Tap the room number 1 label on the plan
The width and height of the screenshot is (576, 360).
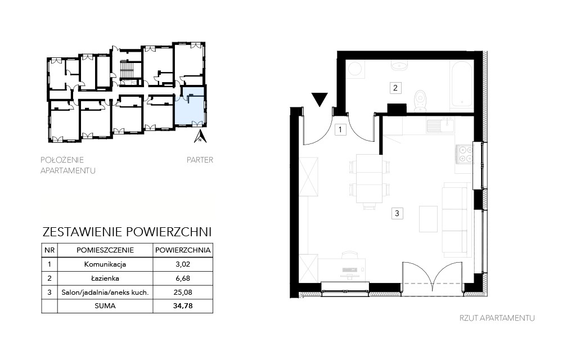tap(340, 130)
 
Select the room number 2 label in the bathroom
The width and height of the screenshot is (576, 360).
tap(395, 88)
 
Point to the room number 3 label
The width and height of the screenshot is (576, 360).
tap(397, 213)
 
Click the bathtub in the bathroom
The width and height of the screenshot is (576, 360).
tap(461, 84)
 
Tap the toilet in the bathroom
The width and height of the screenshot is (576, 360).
tap(420, 101)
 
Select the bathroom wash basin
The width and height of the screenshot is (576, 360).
tap(400, 66)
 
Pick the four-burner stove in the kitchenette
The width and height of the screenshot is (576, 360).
tap(465, 154)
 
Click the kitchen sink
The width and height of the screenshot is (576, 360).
tap(440, 125)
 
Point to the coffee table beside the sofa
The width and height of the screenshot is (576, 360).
tap(428, 219)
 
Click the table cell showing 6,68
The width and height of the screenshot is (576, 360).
tap(183, 278)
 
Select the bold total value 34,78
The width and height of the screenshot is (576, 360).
tap(183, 305)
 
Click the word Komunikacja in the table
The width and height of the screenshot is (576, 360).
tap(105, 264)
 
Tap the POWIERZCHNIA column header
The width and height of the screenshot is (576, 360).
tap(183, 250)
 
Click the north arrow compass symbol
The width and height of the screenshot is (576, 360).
tap(200, 136)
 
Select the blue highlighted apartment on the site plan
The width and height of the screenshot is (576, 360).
tap(189, 106)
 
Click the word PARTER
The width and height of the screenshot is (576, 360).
tap(200, 160)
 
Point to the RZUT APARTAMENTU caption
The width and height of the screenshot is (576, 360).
tap(497, 318)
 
